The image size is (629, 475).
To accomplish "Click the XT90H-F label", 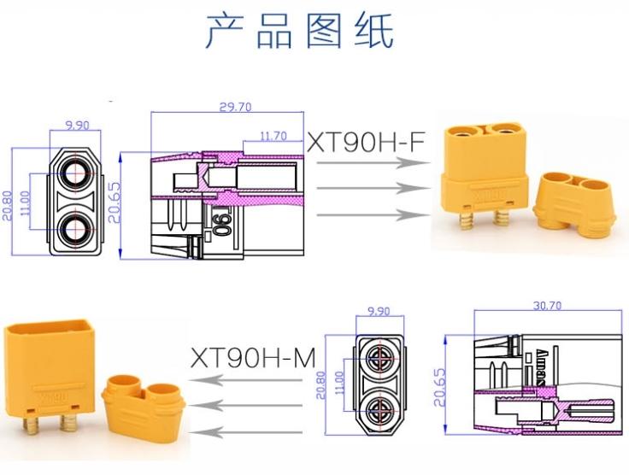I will tap(365, 142).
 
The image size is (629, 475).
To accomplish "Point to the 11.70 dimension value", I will tap(273, 135).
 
